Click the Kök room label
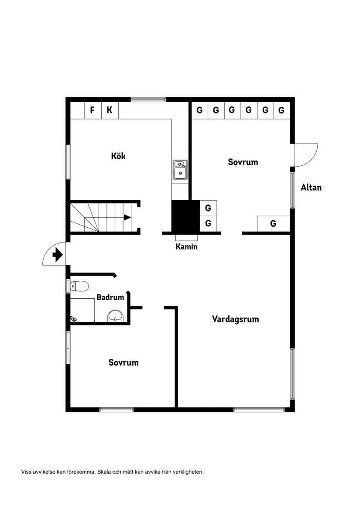tap(118, 156)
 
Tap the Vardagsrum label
tap(236, 319)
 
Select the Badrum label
tap(110, 297)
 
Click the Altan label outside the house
tap(311, 187)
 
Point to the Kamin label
tap(186, 247)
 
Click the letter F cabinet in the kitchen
tap(93, 110)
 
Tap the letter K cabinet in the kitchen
tap(110, 110)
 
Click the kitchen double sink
tap(180, 170)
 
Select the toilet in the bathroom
tap(79, 286)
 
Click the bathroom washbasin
tap(116, 316)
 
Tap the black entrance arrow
tap(58, 255)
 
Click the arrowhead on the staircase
tap(127, 218)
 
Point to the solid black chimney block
tap(185, 216)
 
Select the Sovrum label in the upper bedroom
tap(243, 162)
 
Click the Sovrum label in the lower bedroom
tap(123, 362)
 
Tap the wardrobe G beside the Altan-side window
tap(273, 224)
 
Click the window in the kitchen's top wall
tap(148, 99)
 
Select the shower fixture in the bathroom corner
tap(73, 319)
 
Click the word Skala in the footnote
tap(104, 472)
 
